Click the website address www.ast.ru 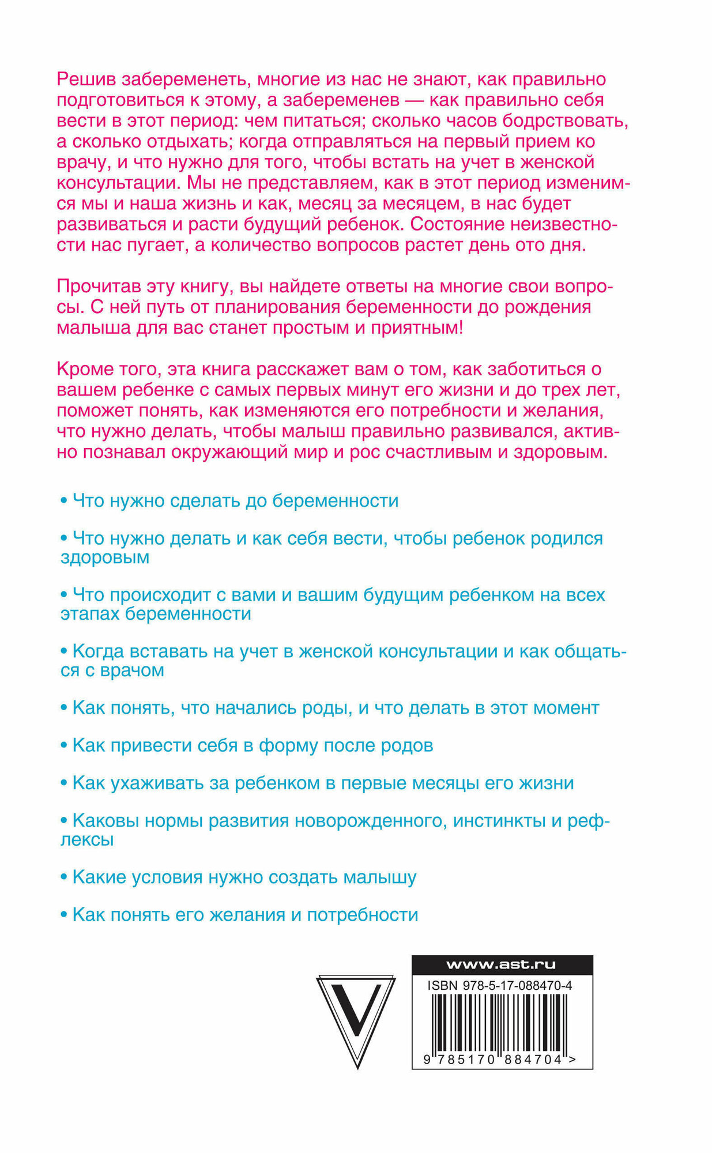(501, 964)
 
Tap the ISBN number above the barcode (499, 986)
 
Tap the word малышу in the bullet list (379, 877)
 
